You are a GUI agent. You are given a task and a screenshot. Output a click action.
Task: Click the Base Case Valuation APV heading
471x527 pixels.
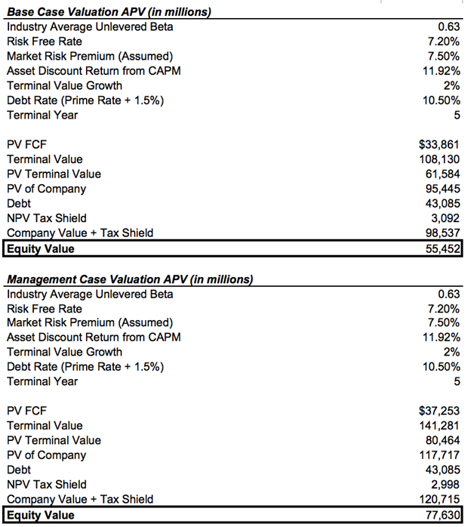[108, 12]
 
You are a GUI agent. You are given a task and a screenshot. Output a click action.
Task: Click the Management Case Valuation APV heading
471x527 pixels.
[129, 279]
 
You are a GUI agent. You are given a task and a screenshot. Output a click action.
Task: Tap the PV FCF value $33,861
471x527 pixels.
[438, 144]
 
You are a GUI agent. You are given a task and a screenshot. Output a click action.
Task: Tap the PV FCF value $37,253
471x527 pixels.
[438, 411]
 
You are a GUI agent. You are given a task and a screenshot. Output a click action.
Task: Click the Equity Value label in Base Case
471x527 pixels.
[41, 248]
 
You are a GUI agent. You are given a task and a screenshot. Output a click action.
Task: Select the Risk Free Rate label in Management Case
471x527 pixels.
[45, 309]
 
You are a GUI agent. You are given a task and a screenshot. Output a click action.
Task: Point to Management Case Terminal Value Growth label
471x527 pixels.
[64, 352]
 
